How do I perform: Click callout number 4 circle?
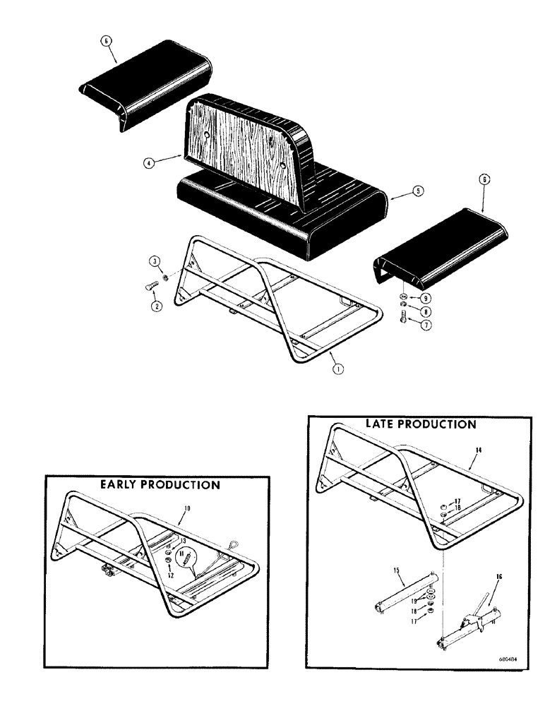tap(148, 162)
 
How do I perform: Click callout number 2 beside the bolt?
tap(155, 306)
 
